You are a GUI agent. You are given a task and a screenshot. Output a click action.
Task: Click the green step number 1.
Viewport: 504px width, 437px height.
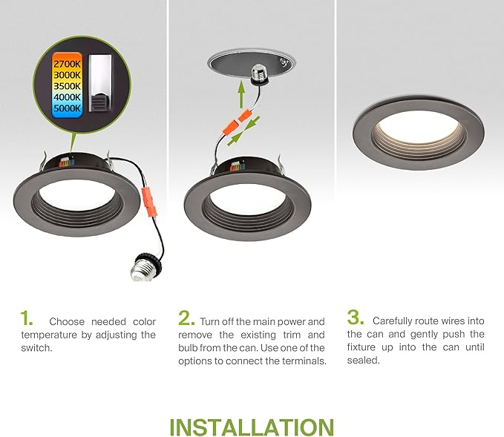(x=27, y=319)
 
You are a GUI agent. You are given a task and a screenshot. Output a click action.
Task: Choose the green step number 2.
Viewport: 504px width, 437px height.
(x=186, y=319)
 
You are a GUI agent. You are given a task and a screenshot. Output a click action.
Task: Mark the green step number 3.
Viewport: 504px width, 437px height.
(x=356, y=319)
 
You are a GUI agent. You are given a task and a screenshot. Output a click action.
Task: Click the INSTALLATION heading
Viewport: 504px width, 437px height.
(x=252, y=427)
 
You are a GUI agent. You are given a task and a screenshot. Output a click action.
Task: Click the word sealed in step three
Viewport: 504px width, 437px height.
(x=363, y=361)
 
